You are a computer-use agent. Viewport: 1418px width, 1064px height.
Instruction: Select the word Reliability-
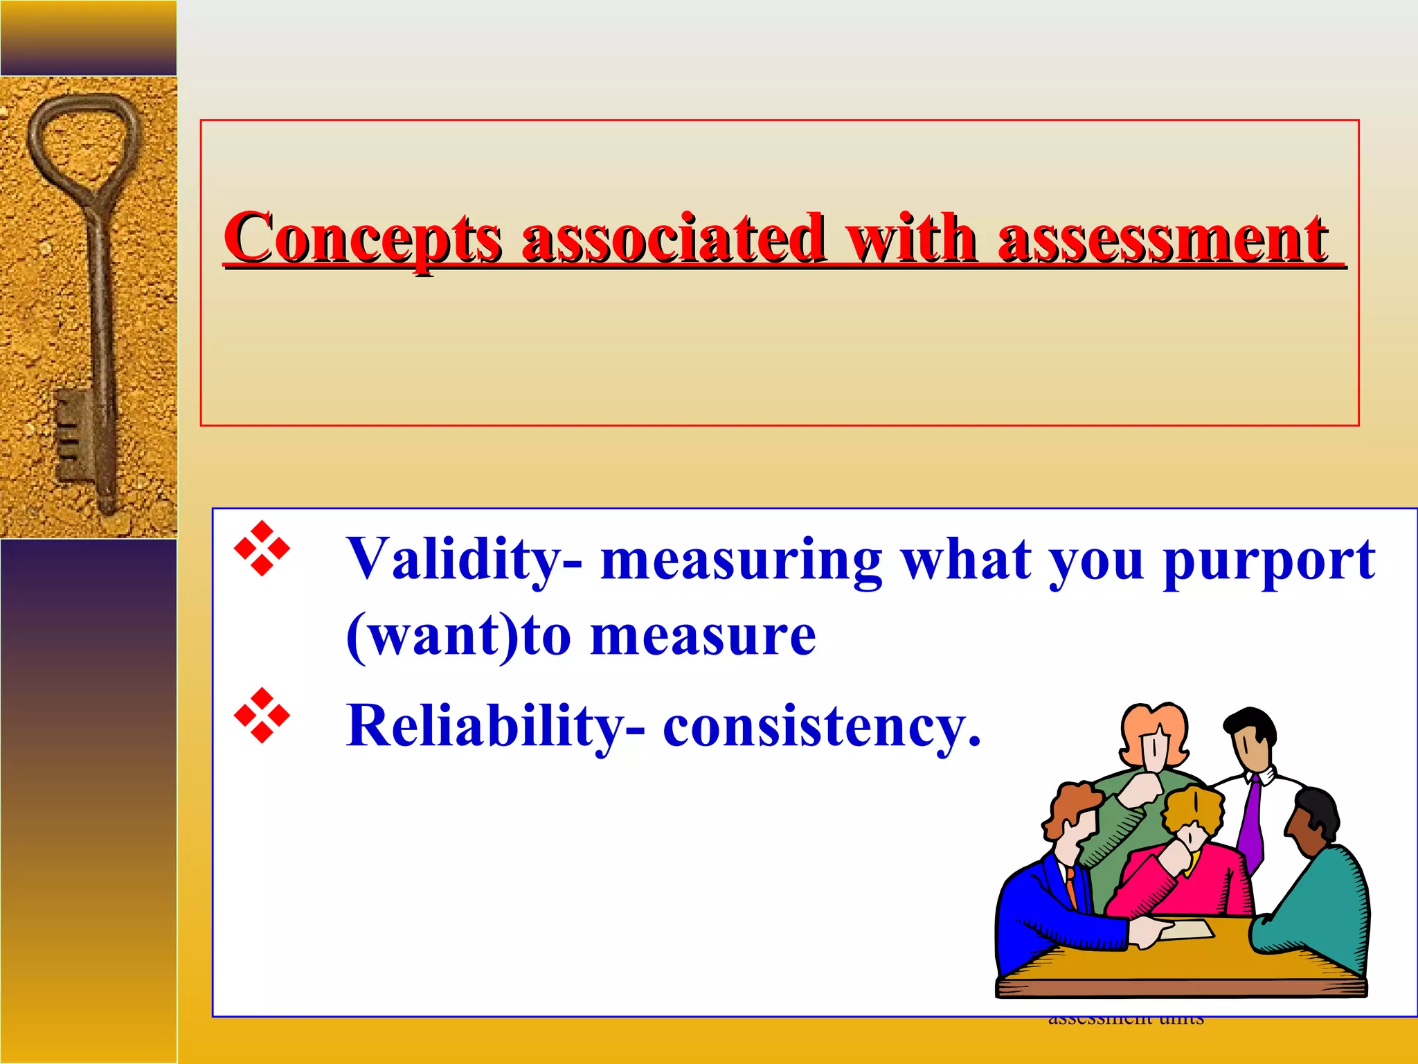point(496,726)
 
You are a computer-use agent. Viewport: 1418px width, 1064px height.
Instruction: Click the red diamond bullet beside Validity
point(262,549)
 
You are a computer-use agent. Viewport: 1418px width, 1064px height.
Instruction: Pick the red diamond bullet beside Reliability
point(262,715)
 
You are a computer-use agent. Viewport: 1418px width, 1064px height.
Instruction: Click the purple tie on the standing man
point(1250,824)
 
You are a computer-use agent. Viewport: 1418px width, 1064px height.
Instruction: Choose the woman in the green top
point(1142,783)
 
